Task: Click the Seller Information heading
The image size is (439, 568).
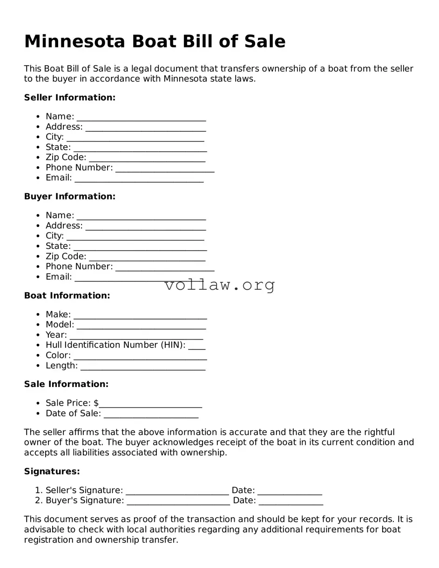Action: click(x=69, y=98)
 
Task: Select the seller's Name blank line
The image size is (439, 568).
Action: click(x=141, y=117)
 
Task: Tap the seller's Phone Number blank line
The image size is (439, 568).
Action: click(x=165, y=168)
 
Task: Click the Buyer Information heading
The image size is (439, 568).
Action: click(x=69, y=196)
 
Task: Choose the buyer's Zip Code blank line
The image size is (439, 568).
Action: click(x=147, y=257)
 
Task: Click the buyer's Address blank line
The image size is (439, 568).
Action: click(x=145, y=227)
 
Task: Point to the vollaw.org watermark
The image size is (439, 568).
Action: click(x=219, y=285)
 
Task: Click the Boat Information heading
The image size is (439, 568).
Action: click(x=67, y=295)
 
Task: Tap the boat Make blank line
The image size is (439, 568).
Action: click(x=140, y=315)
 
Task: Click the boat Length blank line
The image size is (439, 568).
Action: click(x=143, y=367)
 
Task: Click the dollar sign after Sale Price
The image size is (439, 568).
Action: click(x=96, y=403)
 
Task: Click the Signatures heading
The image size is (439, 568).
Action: click(x=52, y=471)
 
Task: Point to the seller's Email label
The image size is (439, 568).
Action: click(x=59, y=178)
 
